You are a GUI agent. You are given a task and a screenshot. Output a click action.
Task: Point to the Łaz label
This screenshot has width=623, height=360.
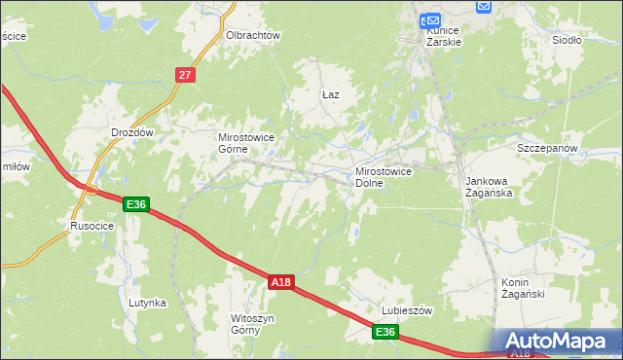point(330,94)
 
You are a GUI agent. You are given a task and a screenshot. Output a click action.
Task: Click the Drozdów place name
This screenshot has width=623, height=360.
point(133,131)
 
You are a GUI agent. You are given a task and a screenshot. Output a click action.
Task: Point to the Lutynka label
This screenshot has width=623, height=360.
point(148,303)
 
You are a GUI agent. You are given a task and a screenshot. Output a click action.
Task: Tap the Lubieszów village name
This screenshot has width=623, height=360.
point(404,311)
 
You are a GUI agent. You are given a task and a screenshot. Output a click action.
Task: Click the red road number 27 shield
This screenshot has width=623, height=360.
point(187,74)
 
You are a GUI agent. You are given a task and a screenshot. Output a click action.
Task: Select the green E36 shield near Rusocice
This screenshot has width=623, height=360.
point(135,203)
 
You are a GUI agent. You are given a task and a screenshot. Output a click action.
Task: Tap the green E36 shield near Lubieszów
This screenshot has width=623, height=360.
point(385,333)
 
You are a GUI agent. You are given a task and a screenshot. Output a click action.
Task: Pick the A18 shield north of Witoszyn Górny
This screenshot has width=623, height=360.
point(280,282)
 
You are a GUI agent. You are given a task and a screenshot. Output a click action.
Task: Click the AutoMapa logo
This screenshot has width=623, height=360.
point(557,341)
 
